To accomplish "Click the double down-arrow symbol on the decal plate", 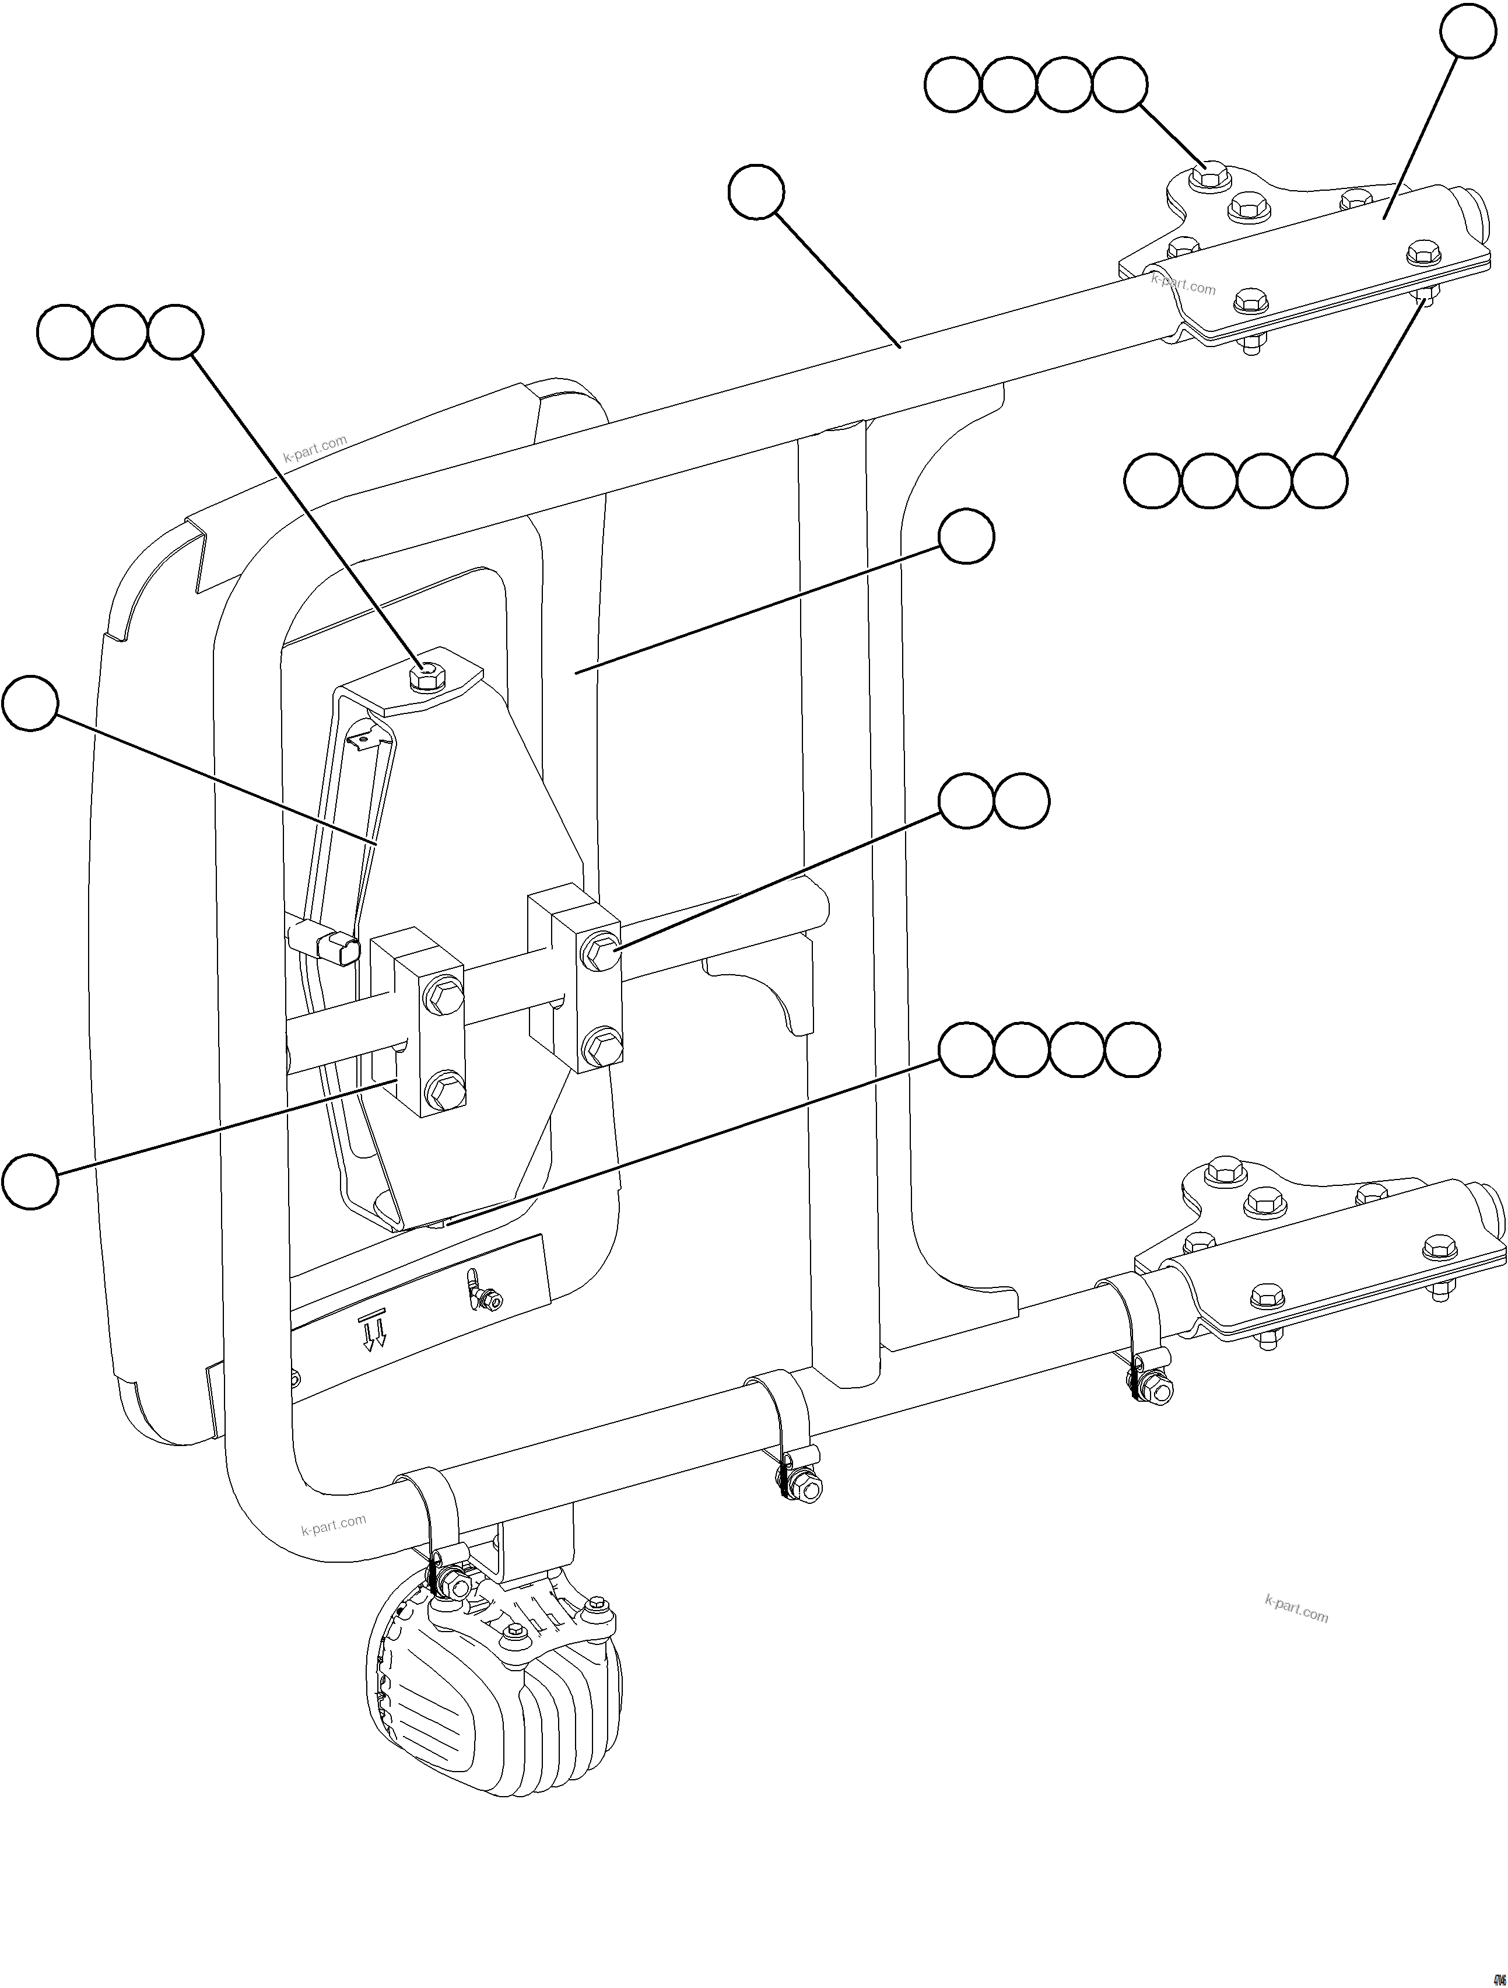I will click(372, 1333).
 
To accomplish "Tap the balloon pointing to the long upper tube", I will click(756, 191).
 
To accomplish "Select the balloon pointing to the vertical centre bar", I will click(966, 537).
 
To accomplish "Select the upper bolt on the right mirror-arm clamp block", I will click(599, 950).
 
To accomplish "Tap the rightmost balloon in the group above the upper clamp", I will click(1120, 85).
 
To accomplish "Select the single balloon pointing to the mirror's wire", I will click(30, 705).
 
